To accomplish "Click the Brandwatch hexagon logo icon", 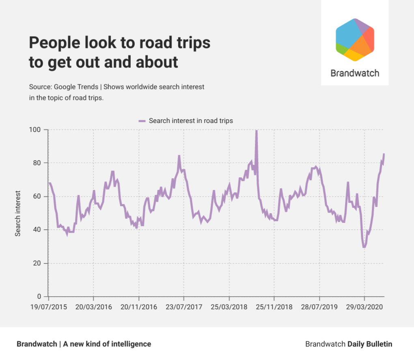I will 355,40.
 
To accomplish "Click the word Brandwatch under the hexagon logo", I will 355,73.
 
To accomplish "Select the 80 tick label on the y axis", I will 38,163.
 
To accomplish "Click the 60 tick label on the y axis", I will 38,196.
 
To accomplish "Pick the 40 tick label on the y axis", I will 38,230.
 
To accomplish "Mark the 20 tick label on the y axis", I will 38,263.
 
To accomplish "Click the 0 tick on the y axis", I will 40,296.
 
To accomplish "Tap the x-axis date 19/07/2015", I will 48,307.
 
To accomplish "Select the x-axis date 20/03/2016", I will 93,307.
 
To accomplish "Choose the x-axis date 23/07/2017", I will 184,307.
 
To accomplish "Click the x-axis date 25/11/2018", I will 274,307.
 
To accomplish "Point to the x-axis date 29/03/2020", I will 364,307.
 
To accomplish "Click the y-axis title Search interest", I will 18,213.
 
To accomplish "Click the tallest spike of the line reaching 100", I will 256,131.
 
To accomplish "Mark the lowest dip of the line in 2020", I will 364,247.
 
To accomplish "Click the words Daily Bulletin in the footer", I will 370,344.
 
